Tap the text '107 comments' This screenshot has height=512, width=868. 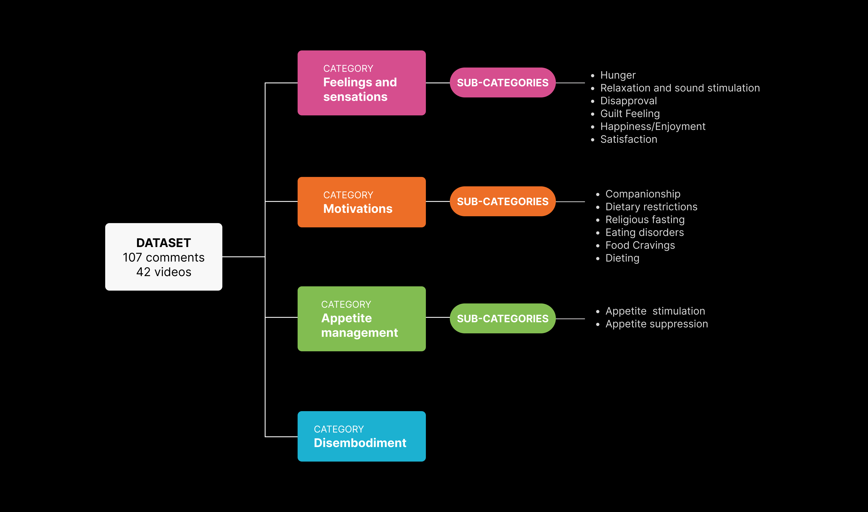pos(164,257)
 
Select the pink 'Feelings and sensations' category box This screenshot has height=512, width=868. pos(361,83)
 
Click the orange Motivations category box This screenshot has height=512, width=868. pos(361,202)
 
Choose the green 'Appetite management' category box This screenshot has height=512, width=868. pos(361,319)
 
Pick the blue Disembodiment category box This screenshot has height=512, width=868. pos(361,436)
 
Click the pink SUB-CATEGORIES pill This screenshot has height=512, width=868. pos(502,83)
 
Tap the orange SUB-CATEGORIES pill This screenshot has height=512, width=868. pos(502,202)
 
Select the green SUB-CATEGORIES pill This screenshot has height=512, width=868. pos(502,318)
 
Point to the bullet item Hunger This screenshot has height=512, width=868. pos(618,75)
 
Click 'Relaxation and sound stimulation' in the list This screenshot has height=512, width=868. pos(680,88)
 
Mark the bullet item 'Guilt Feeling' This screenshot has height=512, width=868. pos(630,113)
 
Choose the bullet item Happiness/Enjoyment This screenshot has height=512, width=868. pos(653,126)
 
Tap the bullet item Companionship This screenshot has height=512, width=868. pos(643,194)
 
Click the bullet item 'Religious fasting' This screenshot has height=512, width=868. pos(645,219)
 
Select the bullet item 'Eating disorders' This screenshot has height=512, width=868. pos(644,232)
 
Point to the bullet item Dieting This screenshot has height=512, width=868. pos(622,258)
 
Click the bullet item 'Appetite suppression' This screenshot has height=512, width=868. pos(656,324)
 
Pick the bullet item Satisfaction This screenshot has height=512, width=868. pos(629,139)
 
